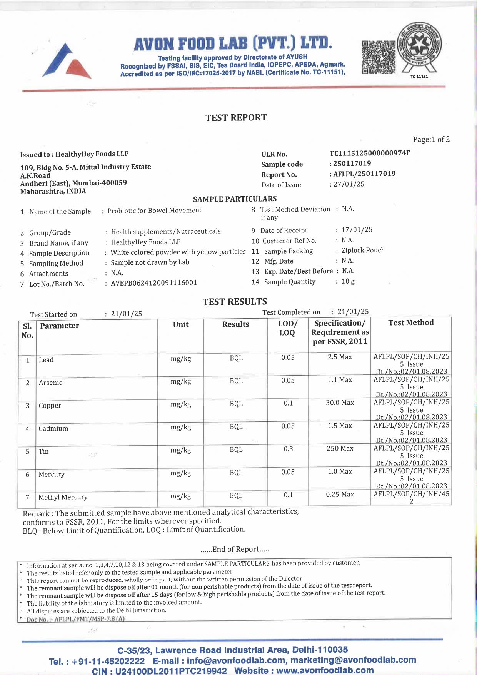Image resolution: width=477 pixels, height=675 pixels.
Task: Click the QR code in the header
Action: click(x=379, y=57)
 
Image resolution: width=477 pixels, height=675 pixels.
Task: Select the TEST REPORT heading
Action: click(x=236, y=117)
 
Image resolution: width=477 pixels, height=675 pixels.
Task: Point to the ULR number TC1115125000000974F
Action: click(x=369, y=153)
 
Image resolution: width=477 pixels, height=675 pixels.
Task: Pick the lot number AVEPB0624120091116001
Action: click(x=154, y=283)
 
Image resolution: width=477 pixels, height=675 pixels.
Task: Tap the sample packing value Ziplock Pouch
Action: click(x=363, y=251)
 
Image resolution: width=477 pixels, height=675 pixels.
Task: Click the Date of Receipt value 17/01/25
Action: click(x=357, y=230)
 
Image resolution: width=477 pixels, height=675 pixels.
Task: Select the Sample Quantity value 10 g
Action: click(x=348, y=281)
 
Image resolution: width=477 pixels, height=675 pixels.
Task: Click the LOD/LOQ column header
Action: click(x=287, y=328)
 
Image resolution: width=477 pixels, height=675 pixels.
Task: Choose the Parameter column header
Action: click(x=60, y=326)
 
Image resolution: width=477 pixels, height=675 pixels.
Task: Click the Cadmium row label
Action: click(x=53, y=428)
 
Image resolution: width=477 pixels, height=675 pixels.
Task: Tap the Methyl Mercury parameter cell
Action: click(x=63, y=497)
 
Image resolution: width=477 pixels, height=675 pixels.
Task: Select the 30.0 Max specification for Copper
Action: click(x=340, y=403)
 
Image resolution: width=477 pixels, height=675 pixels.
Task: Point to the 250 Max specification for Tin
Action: click(x=340, y=448)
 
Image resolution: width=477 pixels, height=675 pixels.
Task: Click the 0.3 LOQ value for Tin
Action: click(x=288, y=449)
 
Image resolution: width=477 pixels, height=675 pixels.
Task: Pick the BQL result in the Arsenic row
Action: click(x=236, y=381)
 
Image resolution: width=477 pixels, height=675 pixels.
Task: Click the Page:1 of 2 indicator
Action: click(x=431, y=139)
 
